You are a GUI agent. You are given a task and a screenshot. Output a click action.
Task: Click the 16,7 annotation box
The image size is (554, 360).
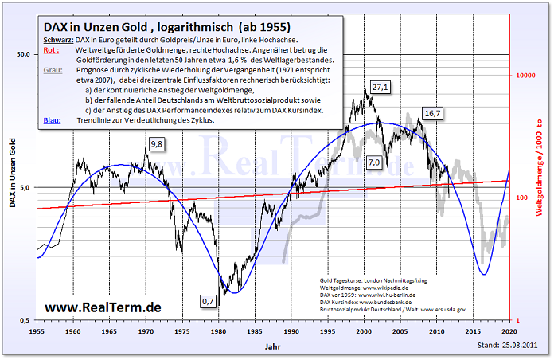(433, 114)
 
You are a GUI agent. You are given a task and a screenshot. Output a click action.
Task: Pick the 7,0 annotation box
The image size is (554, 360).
(374, 162)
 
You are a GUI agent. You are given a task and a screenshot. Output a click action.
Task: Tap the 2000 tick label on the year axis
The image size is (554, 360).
(365, 329)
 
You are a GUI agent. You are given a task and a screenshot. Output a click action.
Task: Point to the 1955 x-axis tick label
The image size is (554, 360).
(37, 329)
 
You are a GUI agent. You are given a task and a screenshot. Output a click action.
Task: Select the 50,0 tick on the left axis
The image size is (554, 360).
(21, 54)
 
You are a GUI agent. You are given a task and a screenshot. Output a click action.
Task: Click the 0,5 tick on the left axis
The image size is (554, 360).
(24, 319)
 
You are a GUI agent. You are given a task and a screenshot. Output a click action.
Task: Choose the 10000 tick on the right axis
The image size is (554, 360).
(526, 75)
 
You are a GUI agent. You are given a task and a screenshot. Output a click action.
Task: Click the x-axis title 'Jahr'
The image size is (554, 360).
(273, 347)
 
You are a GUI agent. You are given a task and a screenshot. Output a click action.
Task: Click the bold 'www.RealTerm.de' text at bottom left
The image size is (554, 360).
(103, 307)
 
